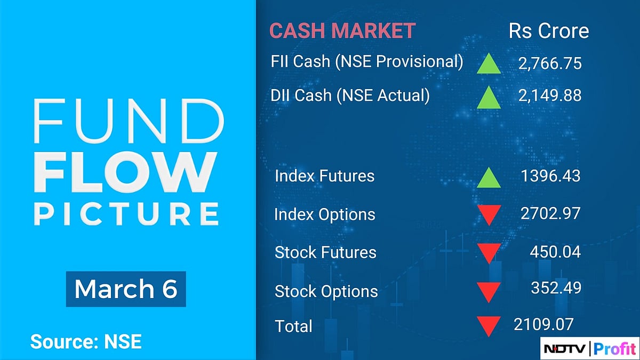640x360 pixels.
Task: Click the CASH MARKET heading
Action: coord(342,30)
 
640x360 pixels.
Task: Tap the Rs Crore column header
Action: coord(549,30)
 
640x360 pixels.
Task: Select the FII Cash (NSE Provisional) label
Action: coord(367,61)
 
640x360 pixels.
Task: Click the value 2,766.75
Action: coord(549,64)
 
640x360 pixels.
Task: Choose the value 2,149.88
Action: coord(549,95)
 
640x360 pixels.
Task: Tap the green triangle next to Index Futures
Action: coord(489,178)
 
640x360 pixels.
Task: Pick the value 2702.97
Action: coord(550,214)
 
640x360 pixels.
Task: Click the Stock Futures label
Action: coord(325,252)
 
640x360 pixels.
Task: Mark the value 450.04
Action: coord(556,252)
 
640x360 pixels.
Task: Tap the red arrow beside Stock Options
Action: coord(489,292)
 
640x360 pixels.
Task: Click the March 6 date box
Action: coord(125,289)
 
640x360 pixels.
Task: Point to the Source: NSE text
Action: coord(86,341)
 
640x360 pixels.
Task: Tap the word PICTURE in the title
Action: coord(126,213)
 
